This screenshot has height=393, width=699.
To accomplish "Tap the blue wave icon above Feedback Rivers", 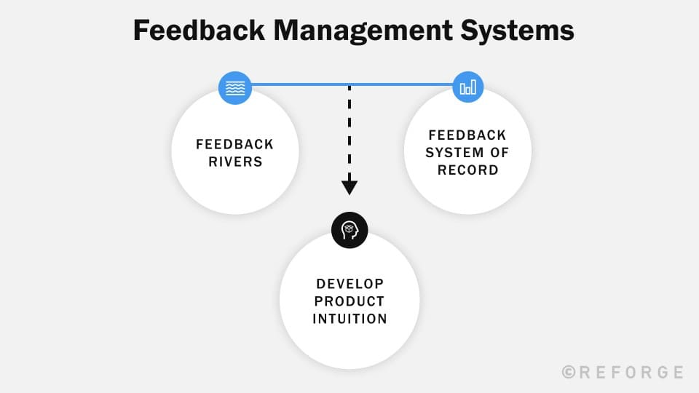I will point(235,88).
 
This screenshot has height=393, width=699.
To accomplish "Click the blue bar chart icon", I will point(467,87).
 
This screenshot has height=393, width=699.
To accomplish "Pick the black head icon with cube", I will point(349,230).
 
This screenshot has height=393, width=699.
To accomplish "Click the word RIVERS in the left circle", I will point(235,162).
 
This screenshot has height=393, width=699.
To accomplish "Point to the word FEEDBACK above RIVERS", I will point(235,144).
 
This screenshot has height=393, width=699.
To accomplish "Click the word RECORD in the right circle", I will point(467,170).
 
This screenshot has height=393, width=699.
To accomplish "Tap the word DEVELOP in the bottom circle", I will point(349,283).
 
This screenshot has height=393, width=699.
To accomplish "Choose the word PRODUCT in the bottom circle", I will point(349,301).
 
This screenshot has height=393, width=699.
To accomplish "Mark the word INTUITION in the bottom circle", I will point(349,318).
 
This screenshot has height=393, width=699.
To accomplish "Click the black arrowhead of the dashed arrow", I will point(349,187).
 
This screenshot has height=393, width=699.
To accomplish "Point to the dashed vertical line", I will point(349,131).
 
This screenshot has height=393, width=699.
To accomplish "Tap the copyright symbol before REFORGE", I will point(569,372).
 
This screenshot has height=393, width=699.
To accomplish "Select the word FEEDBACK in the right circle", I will point(467,135).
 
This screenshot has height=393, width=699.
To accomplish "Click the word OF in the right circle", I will point(499,153).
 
